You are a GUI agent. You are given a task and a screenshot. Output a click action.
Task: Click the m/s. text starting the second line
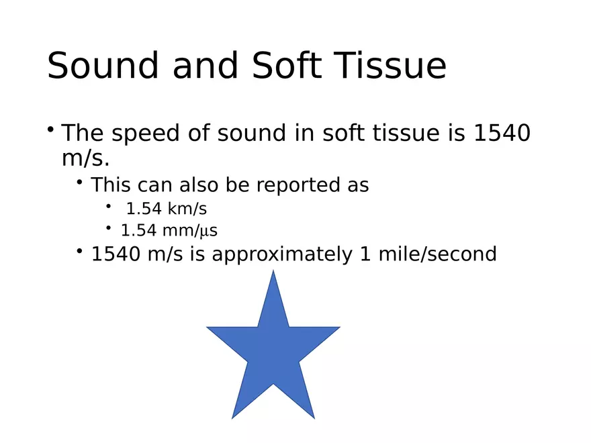coord(85,159)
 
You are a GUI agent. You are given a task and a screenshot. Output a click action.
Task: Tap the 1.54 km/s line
coord(166,208)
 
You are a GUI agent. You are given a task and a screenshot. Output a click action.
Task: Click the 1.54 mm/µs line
coord(169,230)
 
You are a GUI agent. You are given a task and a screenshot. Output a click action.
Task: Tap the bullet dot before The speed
coord(51,128)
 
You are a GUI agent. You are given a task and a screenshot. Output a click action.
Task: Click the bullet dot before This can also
coord(80,181)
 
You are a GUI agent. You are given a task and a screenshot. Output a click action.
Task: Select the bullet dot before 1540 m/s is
coord(80,251)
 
